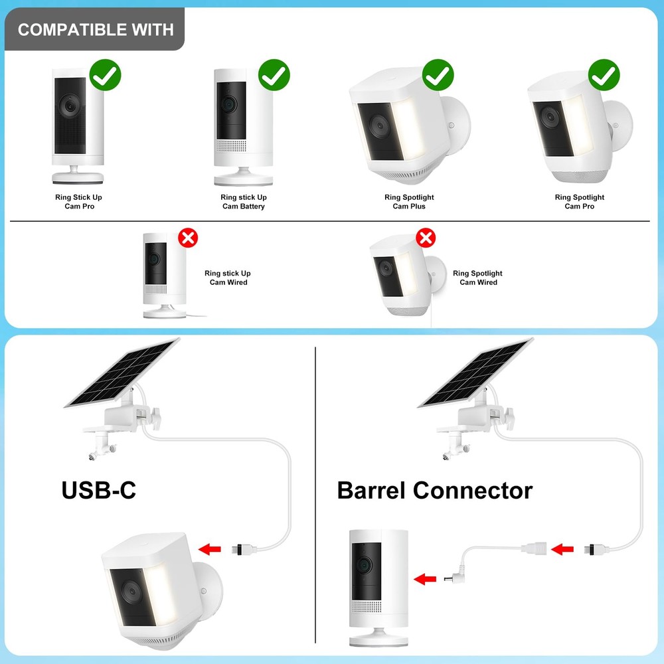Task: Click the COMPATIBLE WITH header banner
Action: click(x=96, y=30)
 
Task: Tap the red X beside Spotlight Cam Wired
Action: click(x=425, y=237)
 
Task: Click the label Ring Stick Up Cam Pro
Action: click(x=78, y=202)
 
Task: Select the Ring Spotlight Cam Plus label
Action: click(x=409, y=202)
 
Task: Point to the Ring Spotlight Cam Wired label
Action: click(x=478, y=278)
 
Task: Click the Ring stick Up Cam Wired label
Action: click(x=228, y=278)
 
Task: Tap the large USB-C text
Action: click(x=99, y=490)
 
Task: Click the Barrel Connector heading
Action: click(x=435, y=491)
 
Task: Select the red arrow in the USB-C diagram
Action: click(x=211, y=548)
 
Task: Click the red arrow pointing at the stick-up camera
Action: click(x=421, y=579)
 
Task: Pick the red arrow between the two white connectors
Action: click(x=563, y=549)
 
